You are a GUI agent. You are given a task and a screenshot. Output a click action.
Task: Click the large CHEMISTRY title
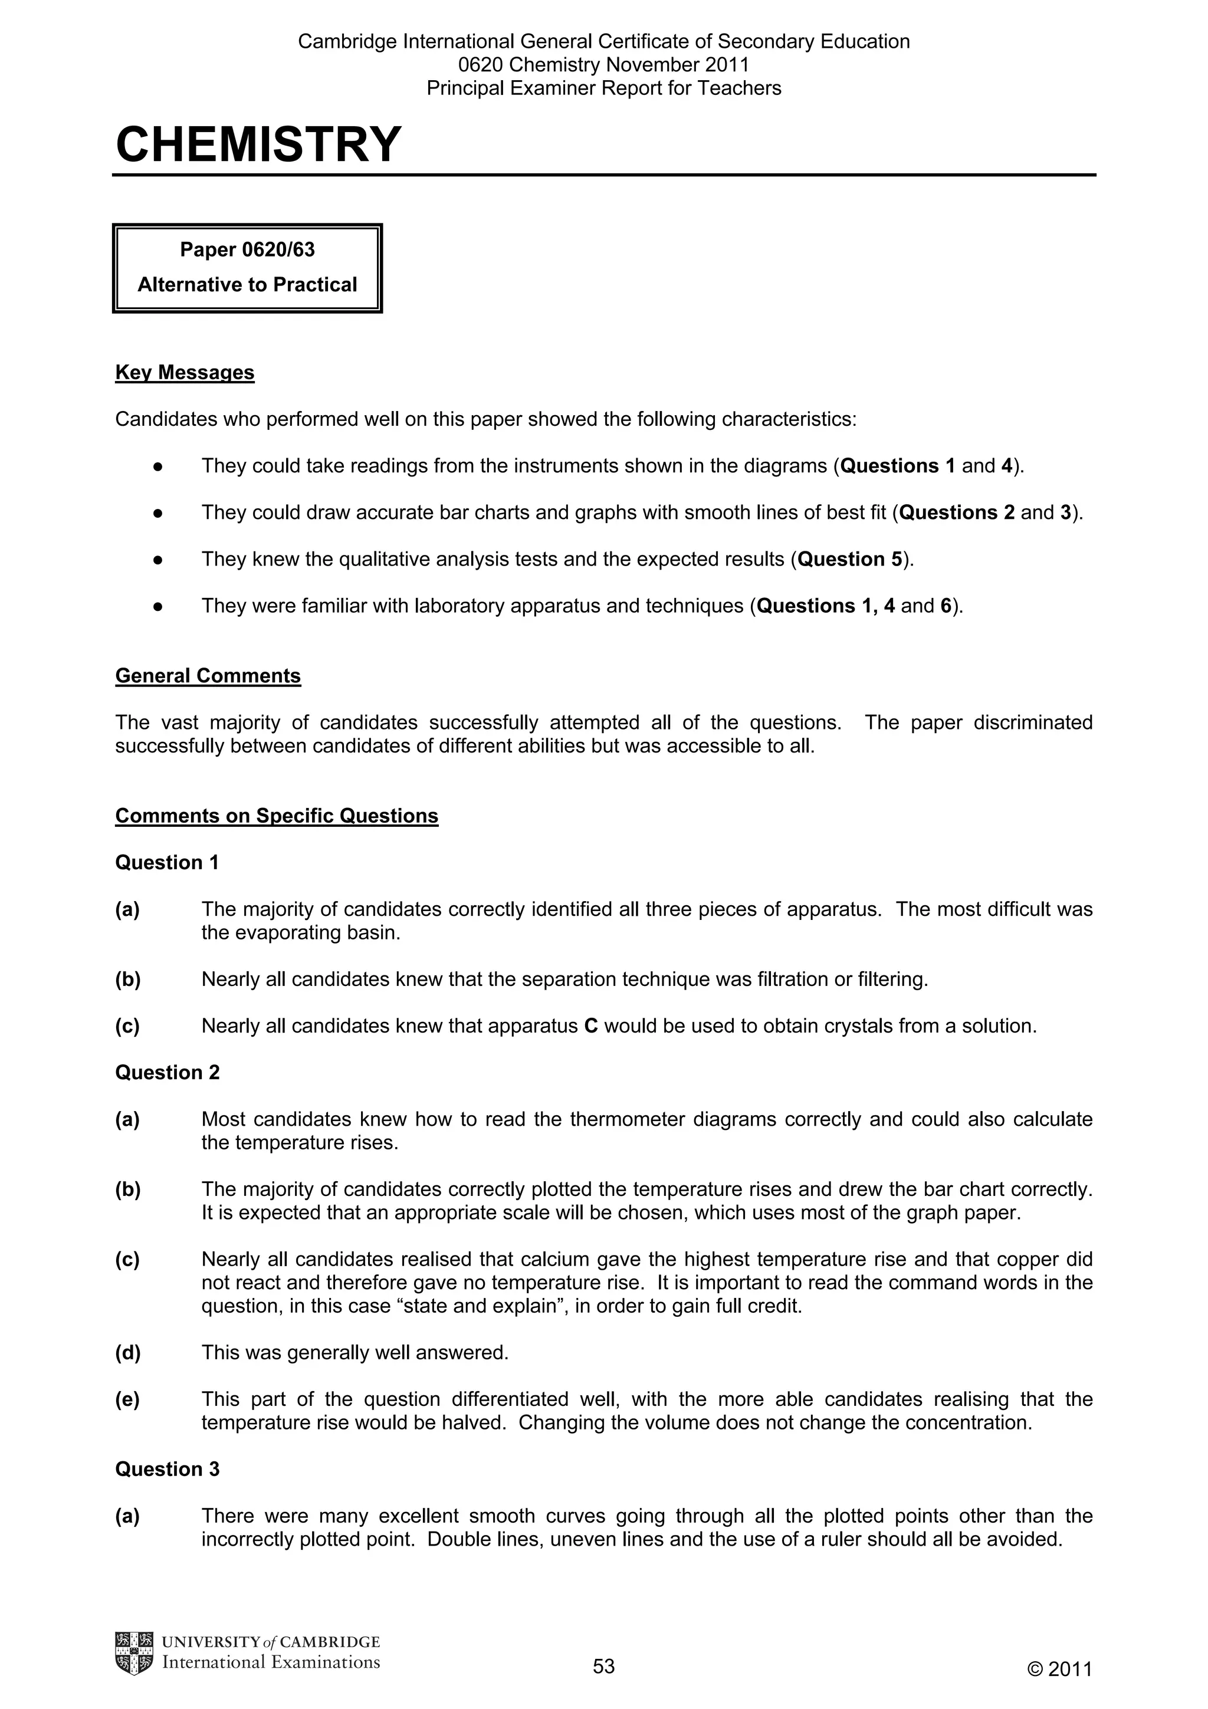258,144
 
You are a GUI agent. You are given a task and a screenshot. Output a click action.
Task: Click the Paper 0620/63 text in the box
247,249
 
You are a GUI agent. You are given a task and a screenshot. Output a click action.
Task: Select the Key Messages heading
185,372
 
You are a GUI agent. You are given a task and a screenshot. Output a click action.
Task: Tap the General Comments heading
208,675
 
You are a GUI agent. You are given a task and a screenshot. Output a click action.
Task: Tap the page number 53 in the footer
603,1666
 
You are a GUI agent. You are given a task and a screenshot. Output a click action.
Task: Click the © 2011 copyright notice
1059,1669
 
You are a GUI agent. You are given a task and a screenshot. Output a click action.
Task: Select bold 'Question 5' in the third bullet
849,559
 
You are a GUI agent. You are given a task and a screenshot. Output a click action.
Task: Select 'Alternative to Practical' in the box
247,284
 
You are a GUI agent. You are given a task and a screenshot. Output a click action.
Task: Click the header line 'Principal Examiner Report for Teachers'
603,88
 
